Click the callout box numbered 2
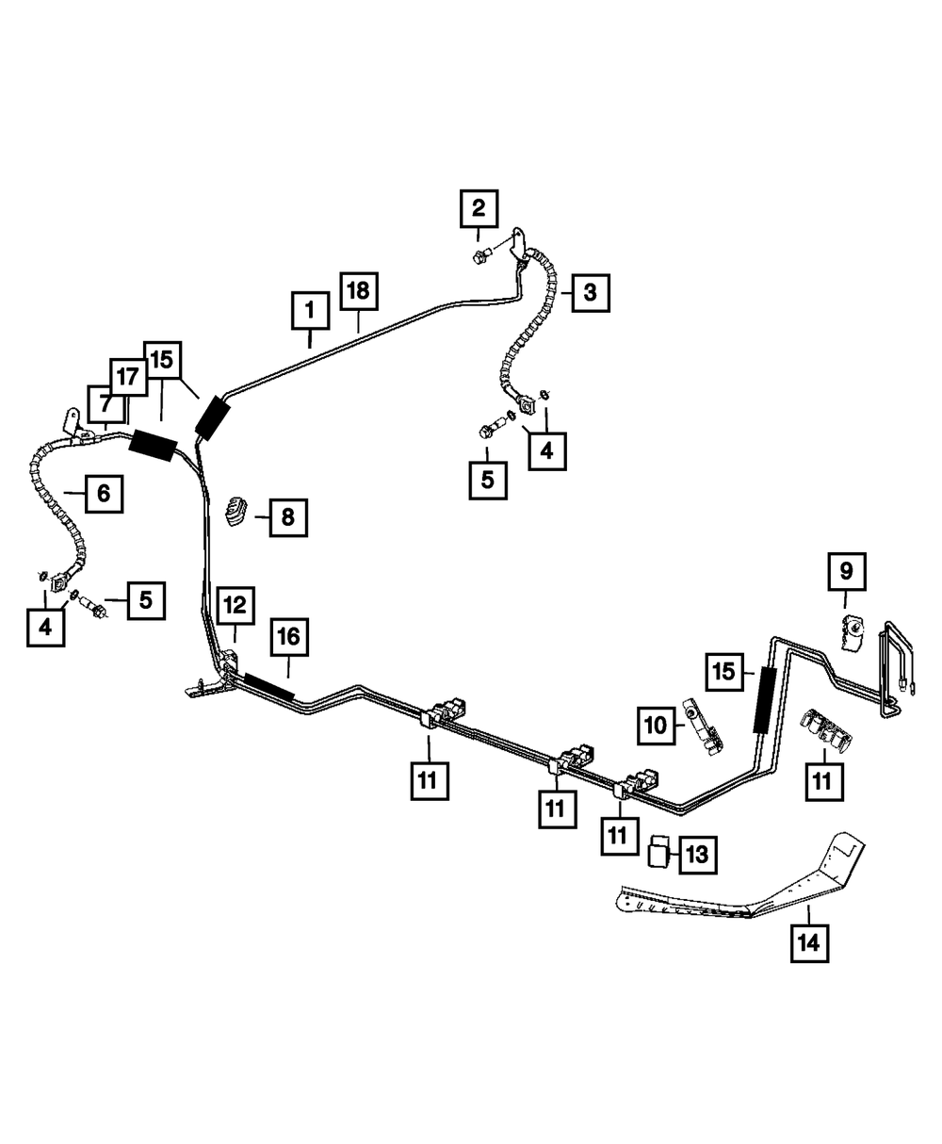(x=479, y=208)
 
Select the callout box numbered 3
(x=591, y=293)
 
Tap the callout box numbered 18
(x=359, y=291)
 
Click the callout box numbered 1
(x=310, y=311)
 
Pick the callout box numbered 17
(x=128, y=377)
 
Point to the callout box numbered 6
(x=104, y=494)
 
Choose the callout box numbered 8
(x=288, y=517)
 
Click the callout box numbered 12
(x=235, y=605)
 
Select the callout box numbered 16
(x=289, y=637)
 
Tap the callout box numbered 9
(x=846, y=572)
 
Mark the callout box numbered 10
(x=657, y=726)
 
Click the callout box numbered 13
(x=698, y=854)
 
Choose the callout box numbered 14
(x=809, y=943)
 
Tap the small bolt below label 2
(x=480, y=255)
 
